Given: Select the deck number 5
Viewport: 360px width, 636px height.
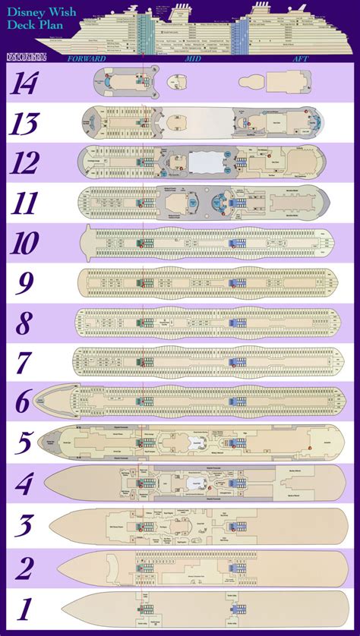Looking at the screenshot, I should pos(25,441).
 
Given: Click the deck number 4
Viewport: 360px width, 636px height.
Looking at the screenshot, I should pos(25,481).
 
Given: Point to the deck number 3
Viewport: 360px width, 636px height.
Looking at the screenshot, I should pos(25,524).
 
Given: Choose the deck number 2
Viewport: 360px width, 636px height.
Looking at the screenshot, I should pos(25,566).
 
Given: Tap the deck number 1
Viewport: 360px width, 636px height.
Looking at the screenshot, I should pos(25,609).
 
